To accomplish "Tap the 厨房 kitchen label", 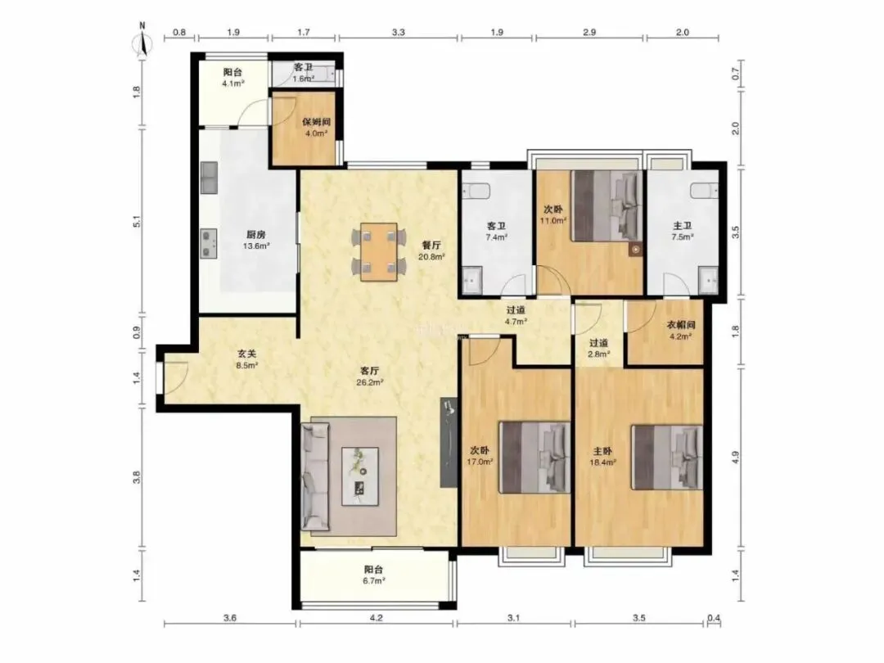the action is click(256, 235).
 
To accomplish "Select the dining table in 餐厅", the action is click(379, 251).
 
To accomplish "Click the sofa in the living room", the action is click(316, 477).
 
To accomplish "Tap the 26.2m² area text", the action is click(370, 382).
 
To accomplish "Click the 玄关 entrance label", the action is click(246, 354).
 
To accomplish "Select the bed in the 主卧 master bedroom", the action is click(667, 458).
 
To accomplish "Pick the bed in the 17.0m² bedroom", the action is click(535, 458).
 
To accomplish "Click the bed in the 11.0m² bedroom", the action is click(607, 205).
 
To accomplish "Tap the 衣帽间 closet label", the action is click(681, 325).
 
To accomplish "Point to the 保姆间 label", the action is click(316, 122).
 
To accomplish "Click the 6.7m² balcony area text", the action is click(373, 581).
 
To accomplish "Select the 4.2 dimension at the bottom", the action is click(376, 618).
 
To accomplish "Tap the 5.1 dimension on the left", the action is click(137, 222).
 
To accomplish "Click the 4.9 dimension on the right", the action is click(735, 458).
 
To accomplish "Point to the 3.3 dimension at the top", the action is click(398, 32).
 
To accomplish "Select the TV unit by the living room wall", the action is click(449, 442).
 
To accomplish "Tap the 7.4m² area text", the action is click(496, 237).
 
